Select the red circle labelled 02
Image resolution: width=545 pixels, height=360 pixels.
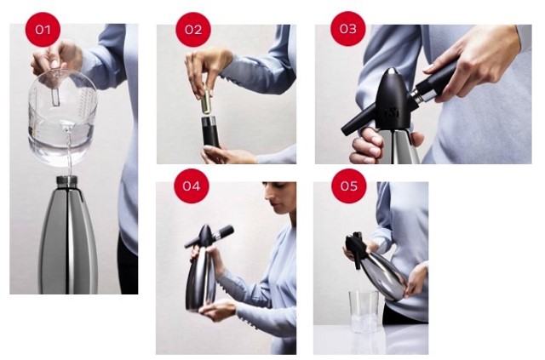192,30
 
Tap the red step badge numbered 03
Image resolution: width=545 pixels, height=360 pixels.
347,30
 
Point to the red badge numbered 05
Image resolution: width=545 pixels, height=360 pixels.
347,186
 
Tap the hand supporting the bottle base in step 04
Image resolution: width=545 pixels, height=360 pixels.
215,311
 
